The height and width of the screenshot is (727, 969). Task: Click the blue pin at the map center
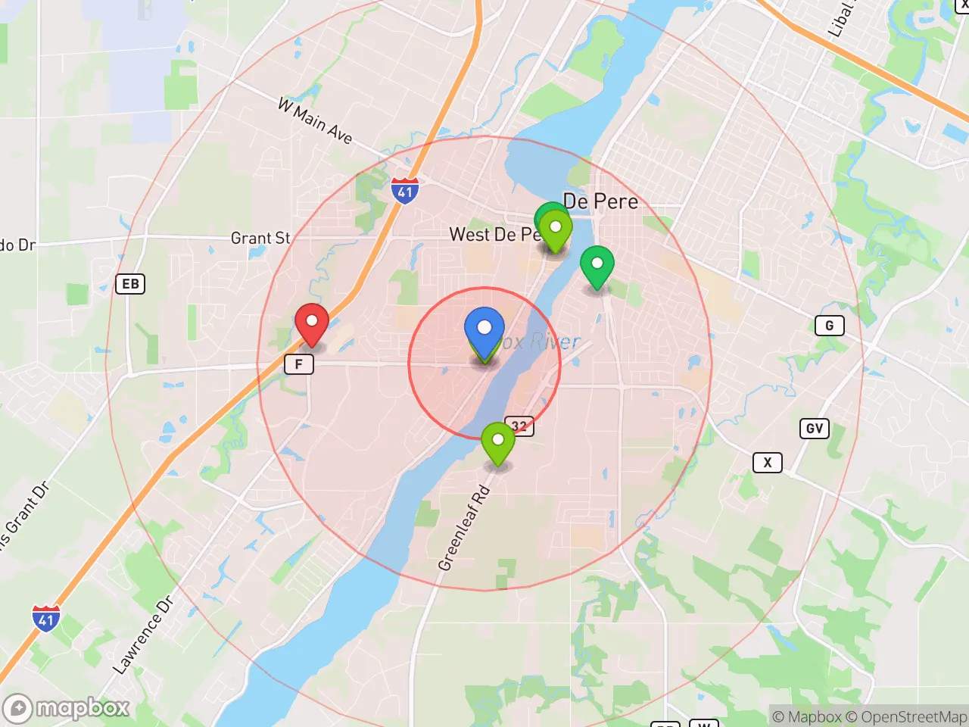[x=484, y=329]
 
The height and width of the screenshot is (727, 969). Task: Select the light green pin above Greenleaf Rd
[x=497, y=440]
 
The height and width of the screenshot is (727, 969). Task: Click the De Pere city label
[x=601, y=201]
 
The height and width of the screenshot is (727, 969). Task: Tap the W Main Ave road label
[x=315, y=120]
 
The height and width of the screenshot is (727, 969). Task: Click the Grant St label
[x=260, y=238]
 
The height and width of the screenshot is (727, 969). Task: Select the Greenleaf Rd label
[x=463, y=529]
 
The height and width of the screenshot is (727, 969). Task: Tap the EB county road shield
[x=130, y=284]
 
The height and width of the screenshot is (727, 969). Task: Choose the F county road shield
[x=298, y=364]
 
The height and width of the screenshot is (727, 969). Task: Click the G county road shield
[x=829, y=326]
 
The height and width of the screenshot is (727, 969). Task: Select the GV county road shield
[x=814, y=429]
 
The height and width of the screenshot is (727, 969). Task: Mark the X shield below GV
[x=767, y=463]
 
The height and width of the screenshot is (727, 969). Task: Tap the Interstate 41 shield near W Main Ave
[x=405, y=191]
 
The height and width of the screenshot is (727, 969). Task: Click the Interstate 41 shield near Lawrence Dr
[x=46, y=619]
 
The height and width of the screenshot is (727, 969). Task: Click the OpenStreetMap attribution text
[x=914, y=716]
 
